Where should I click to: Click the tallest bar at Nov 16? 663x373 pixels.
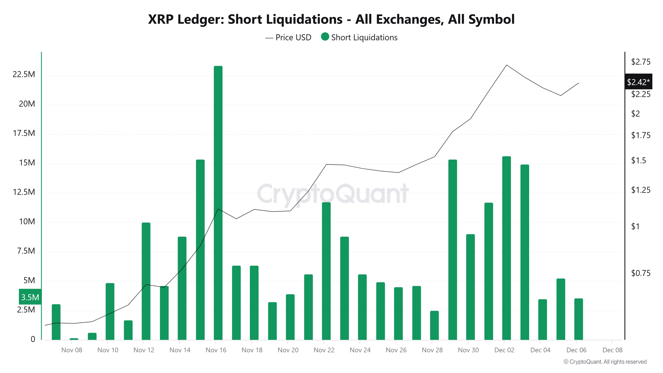pyautogui.click(x=218, y=202)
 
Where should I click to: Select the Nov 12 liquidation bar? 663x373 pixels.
pyautogui.click(x=146, y=281)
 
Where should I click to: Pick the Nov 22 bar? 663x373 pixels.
pyautogui.click(x=326, y=271)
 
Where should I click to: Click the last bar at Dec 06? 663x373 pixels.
pyautogui.click(x=579, y=319)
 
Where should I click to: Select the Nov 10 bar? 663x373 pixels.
pyautogui.click(x=110, y=311)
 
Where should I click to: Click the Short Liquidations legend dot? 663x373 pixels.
pyautogui.click(x=325, y=37)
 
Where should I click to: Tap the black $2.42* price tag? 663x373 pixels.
pyautogui.click(x=638, y=82)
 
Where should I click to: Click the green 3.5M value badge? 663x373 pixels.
pyautogui.click(x=30, y=297)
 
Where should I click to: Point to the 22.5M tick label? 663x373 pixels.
pyautogui.click(x=24, y=74)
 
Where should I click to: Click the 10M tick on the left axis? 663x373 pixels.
pyautogui.click(x=27, y=221)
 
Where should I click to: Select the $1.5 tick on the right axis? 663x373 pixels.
pyautogui.click(x=638, y=161)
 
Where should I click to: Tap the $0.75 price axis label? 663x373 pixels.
pyautogui.click(x=640, y=273)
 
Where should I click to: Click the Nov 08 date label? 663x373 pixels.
pyautogui.click(x=72, y=350)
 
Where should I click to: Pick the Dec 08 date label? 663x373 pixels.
pyautogui.click(x=612, y=350)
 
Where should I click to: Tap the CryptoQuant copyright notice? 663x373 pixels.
pyautogui.click(x=605, y=362)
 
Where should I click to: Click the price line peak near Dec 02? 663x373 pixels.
pyautogui.click(x=507, y=65)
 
